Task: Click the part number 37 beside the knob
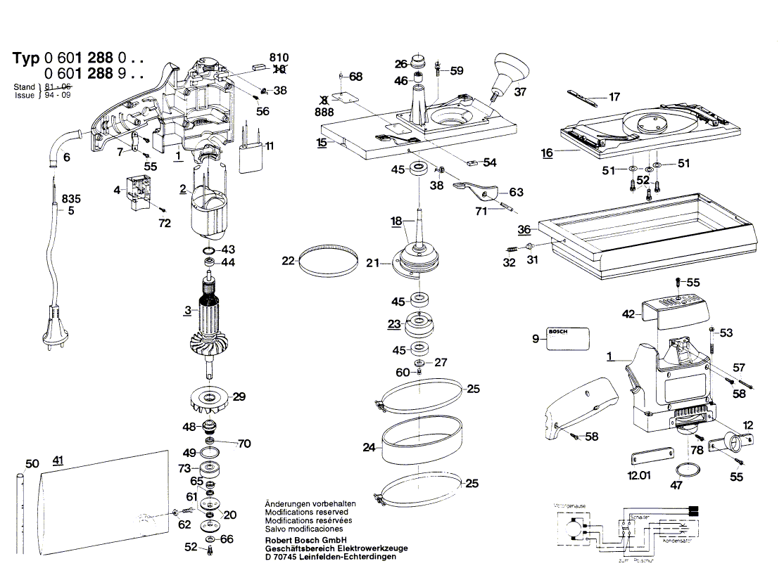[520, 91]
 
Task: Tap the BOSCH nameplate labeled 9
[568, 338]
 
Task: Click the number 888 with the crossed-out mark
[324, 112]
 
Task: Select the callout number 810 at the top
[279, 58]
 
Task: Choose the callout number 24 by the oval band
[369, 446]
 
